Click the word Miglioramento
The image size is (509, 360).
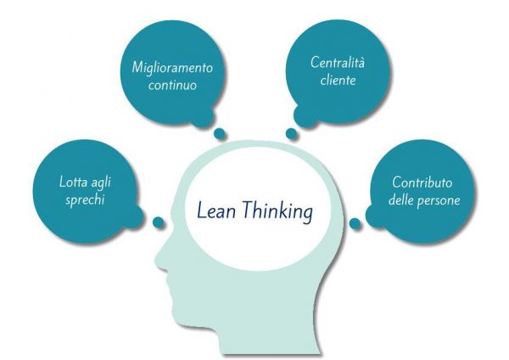coord(172,68)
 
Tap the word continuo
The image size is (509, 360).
coord(173,85)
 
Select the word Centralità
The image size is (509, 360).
coord(338,62)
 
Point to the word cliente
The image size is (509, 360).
coord(338,80)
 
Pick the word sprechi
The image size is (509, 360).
coord(85,200)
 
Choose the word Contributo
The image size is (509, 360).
coord(422,183)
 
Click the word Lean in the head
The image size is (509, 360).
coord(216,211)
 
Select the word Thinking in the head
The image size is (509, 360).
coord(277,211)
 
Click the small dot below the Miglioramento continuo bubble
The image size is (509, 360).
coord(220,133)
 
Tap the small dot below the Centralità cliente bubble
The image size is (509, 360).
coord(291,133)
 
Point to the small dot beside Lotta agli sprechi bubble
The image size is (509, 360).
coord(159,222)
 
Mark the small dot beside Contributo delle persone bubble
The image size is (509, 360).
coord(355,223)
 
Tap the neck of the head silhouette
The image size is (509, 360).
coord(276,331)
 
